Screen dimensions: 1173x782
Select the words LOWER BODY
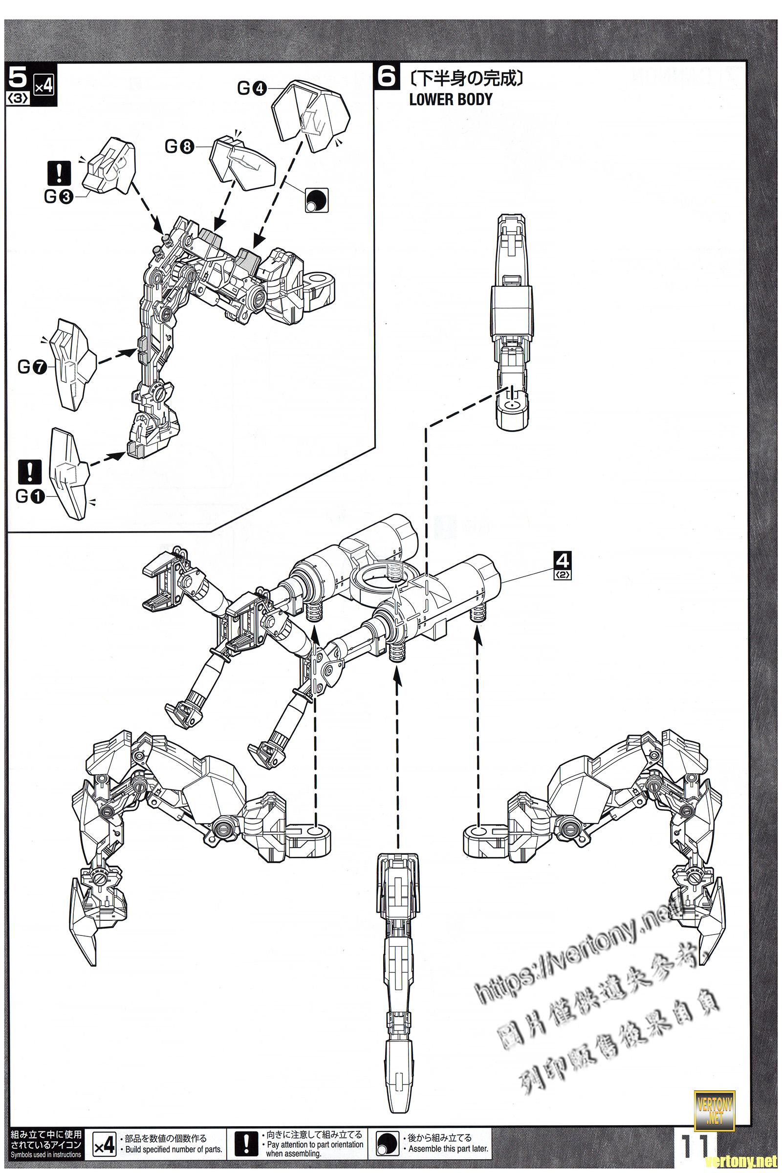pyautogui.click(x=450, y=99)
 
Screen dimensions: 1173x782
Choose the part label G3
pyautogui.click(x=58, y=197)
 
